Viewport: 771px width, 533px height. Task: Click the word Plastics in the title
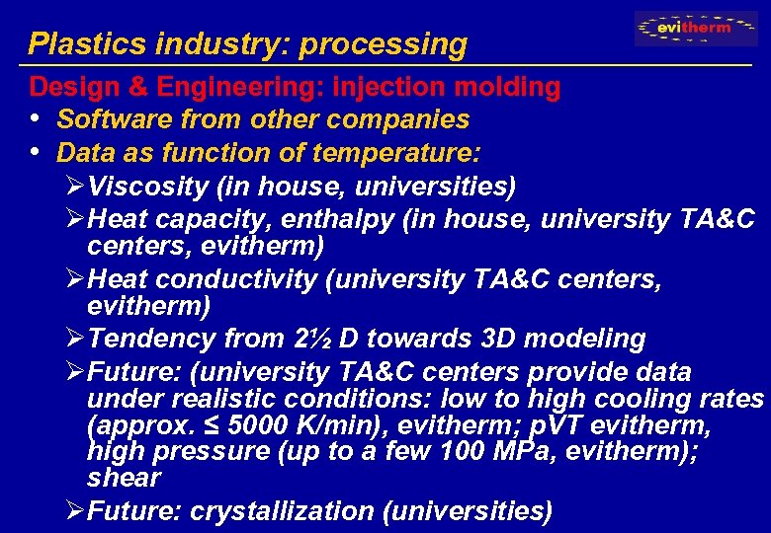[74, 44]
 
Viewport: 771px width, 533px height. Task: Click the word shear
[123, 477]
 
